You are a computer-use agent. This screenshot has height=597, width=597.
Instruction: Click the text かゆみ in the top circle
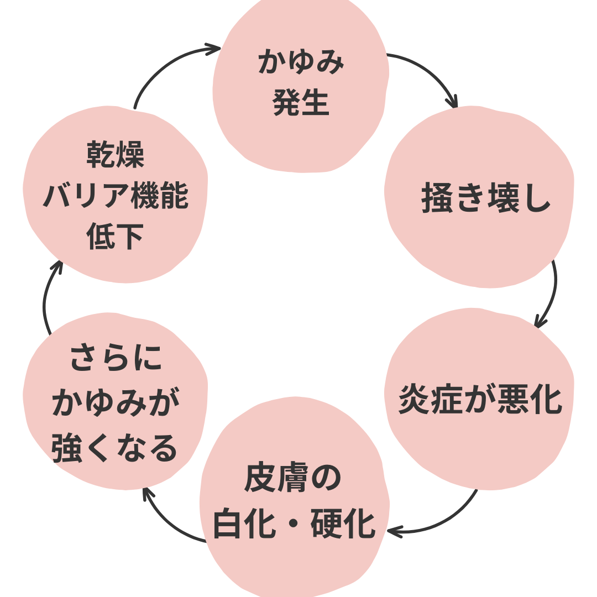[x=301, y=62]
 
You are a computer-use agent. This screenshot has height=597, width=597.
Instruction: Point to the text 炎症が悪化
[x=480, y=400]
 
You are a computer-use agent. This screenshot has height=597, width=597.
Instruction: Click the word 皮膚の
[x=293, y=479]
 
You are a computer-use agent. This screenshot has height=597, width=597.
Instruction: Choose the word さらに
[x=116, y=359]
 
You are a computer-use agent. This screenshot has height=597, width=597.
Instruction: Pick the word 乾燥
[x=116, y=155]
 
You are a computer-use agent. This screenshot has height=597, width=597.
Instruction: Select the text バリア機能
[x=116, y=197]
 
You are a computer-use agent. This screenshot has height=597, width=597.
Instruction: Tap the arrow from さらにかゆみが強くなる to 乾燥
[x=47, y=298]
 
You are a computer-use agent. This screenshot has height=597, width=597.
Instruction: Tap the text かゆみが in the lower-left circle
[x=116, y=404]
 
